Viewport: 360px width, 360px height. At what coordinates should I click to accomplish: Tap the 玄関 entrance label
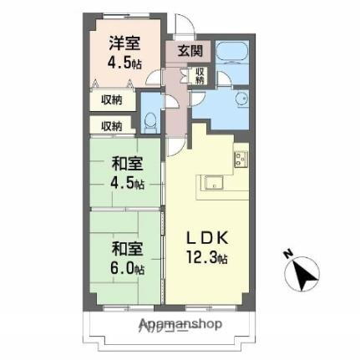point(188,51)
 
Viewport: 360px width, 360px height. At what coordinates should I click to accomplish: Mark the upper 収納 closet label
point(112,99)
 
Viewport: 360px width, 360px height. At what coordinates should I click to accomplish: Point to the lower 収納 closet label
point(112,125)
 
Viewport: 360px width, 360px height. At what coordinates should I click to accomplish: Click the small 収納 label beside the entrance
point(200,75)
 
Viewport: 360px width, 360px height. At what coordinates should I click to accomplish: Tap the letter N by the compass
point(286,254)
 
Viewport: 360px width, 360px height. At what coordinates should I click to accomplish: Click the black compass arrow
point(305,272)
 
